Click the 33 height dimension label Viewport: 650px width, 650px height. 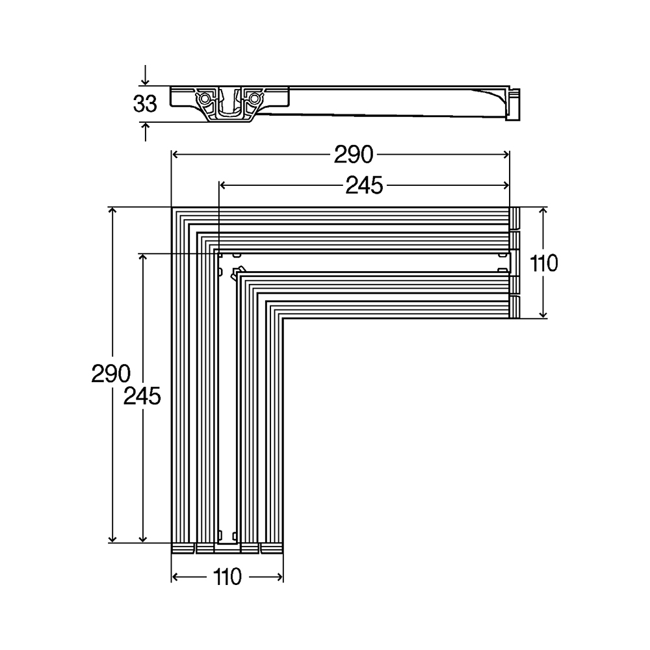pos(145,103)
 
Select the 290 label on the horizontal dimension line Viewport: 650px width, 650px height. pos(354,155)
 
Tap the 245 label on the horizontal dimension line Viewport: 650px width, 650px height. pos(364,185)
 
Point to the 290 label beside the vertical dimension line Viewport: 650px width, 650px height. pos(110,373)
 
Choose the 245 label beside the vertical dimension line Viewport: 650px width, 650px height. pos(142,396)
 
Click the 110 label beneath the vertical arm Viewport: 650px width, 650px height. pos(227,577)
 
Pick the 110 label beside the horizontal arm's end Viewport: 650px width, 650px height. pos(544,263)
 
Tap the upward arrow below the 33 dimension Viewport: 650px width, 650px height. pos(145,132)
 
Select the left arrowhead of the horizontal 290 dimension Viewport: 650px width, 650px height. pos(175,155)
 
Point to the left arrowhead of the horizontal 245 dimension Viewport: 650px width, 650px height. pos(223,185)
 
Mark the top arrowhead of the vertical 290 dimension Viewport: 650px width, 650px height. pos(112,211)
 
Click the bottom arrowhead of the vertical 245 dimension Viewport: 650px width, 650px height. pos(142,538)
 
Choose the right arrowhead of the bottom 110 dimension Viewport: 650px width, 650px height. pos(279,577)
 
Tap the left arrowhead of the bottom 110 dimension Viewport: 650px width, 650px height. pos(175,577)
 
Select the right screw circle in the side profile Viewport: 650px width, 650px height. pos(254,99)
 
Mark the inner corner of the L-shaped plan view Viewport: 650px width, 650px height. pos(283,318)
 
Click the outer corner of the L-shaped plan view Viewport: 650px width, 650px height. pos(172,207)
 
